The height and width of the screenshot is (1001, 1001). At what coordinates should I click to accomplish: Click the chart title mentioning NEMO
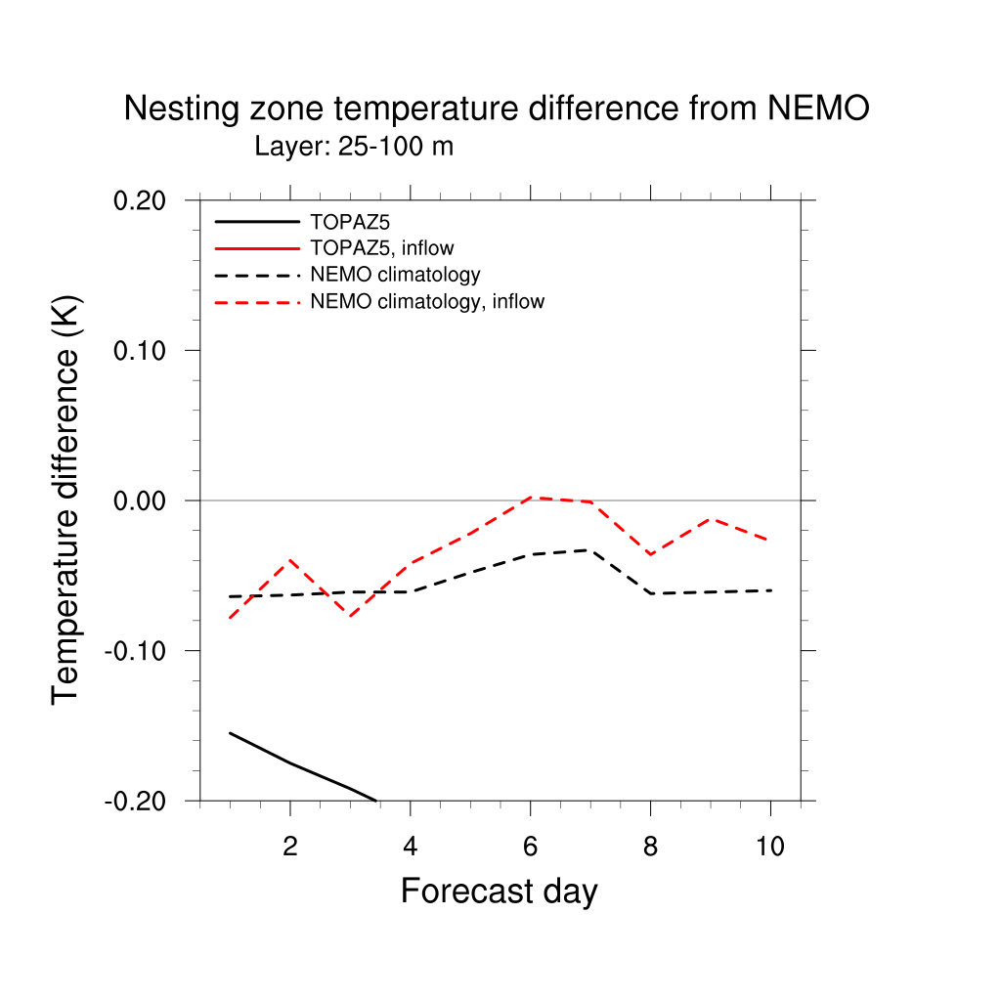pos(497,109)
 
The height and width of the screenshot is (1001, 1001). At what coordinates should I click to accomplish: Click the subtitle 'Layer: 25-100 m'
pos(354,148)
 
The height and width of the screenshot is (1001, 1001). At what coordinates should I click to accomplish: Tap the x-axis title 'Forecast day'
pos(499,892)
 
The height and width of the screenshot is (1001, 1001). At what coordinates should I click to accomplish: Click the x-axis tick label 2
pos(290,847)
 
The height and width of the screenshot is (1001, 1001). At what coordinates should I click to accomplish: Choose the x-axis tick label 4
pos(411,847)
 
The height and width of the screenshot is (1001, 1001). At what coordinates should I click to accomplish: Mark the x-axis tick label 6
pos(530,847)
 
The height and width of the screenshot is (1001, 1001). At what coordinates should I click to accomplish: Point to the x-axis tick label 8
pos(650,847)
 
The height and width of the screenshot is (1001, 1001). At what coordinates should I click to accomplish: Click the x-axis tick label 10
pos(770,847)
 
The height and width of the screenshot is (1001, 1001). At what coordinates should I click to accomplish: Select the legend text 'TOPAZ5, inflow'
pos(381,248)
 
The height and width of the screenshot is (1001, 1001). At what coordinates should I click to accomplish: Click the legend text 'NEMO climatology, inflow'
pos(426,302)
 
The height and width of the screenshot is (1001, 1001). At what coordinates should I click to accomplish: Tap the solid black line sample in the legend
pos(257,222)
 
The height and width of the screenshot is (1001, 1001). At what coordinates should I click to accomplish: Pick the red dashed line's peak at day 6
pos(531,497)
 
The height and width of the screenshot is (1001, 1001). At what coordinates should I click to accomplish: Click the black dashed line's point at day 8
pos(650,593)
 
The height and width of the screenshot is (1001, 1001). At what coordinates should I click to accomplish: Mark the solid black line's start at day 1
pos(230,732)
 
